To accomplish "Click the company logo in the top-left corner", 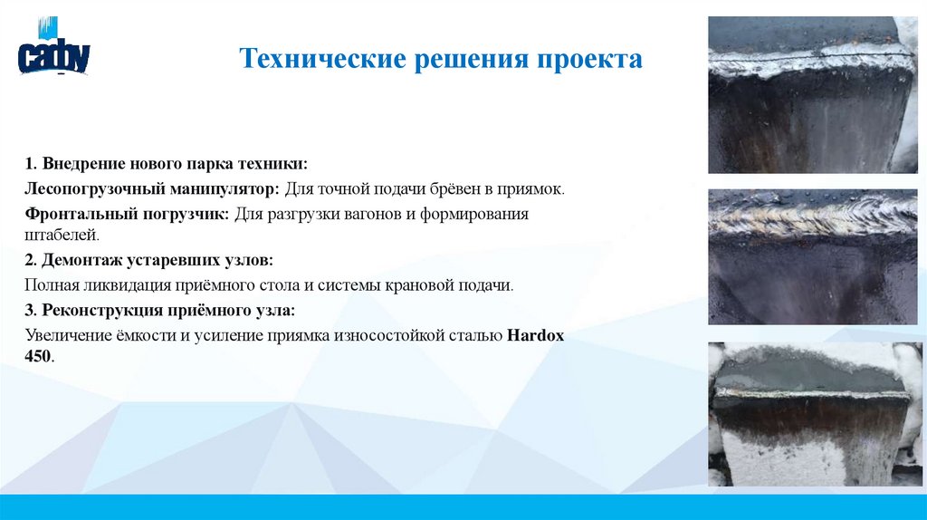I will click(53, 53).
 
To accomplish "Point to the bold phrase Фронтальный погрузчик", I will click(128, 215).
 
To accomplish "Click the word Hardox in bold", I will click(535, 335).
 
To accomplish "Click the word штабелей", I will click(60, 235).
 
